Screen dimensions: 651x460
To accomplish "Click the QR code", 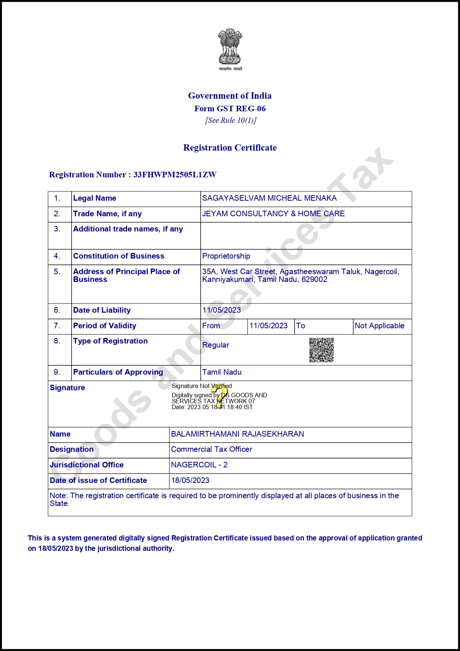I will coord(322,350).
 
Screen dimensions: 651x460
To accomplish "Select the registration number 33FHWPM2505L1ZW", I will coord(175,175).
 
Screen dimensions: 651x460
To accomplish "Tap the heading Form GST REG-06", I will coord(230,109).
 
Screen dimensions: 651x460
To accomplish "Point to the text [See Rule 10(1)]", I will coord(231,120).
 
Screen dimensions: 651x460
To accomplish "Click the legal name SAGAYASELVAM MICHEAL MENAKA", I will coord(269,198).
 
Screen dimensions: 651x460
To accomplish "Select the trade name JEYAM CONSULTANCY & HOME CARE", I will coord(273,214).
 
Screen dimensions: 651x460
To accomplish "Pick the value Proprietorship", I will coord(226,256).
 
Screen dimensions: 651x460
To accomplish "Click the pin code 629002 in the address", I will coord(314,279).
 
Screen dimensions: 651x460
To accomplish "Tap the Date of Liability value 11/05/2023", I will coord(221,310).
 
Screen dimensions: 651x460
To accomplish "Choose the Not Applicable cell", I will coord(379,326).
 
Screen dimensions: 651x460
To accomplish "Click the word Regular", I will coord(216,345).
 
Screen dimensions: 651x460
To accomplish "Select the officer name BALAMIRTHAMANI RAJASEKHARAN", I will coord(237,434).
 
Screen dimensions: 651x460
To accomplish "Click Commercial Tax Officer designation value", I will coord(211,449).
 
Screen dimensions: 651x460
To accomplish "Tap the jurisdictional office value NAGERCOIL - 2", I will coord(199,465).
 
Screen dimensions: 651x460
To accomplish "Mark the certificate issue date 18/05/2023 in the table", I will coord(190,480).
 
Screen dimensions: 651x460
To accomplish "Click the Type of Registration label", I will coord(110,341).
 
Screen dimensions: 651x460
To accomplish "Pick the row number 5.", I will coord(57,272).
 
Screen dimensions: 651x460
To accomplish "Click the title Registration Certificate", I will coord(230,148).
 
